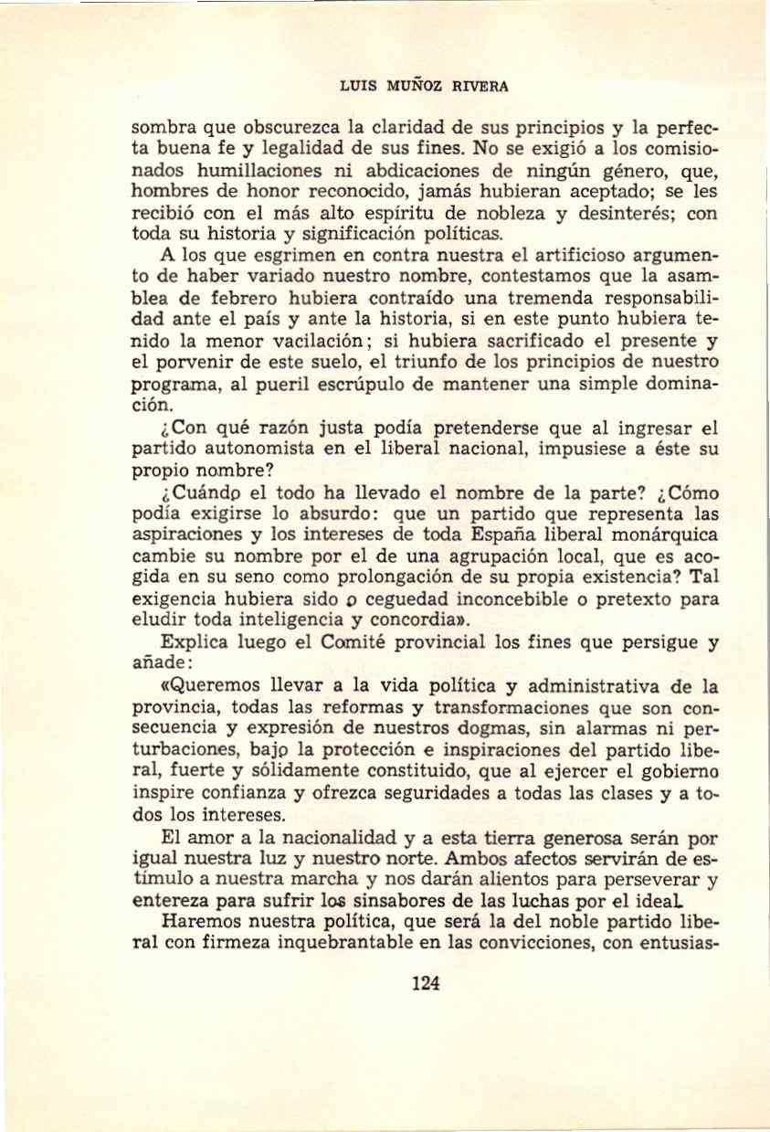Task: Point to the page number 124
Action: [426, 983]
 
